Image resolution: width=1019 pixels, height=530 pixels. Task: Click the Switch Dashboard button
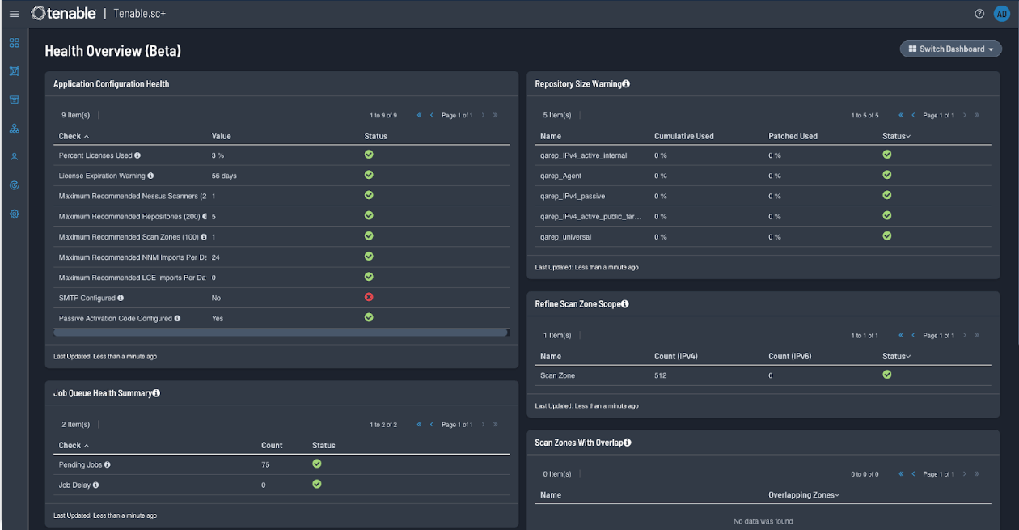click(950, 49)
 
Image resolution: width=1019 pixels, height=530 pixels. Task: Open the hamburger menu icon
click(14, 14)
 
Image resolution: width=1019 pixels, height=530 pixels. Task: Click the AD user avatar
click(1001, 14)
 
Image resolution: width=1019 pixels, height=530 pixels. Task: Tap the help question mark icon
click(979, 14)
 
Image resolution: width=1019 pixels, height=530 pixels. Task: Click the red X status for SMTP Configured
click(369, 297)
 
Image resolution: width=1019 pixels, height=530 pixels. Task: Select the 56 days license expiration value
click(224, 176)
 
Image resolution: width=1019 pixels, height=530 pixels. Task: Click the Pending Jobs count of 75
click(265, 465)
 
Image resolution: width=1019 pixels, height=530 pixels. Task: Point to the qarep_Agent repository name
click(560, 176)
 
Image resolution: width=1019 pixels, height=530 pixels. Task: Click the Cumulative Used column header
click(683, 136)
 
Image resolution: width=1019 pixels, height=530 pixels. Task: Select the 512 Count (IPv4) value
click(660, 375)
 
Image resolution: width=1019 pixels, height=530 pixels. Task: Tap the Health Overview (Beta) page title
click(112, 51)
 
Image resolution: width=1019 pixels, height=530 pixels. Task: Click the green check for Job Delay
click(317, 484)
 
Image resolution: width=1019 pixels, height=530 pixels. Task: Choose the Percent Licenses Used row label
click(95, 155)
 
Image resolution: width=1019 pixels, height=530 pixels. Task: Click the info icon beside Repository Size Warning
click(626, 84)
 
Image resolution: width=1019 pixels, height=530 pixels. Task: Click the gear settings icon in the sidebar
click(14, 214)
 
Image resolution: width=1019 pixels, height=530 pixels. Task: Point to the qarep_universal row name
click(565, 237)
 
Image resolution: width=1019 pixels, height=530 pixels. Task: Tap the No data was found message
click(763, 521)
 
